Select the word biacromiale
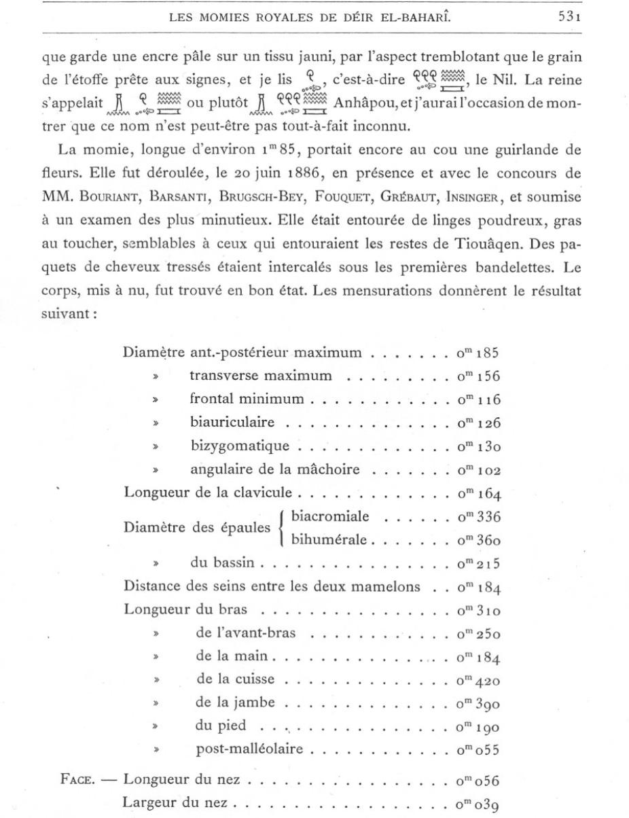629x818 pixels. click(330, 516)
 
